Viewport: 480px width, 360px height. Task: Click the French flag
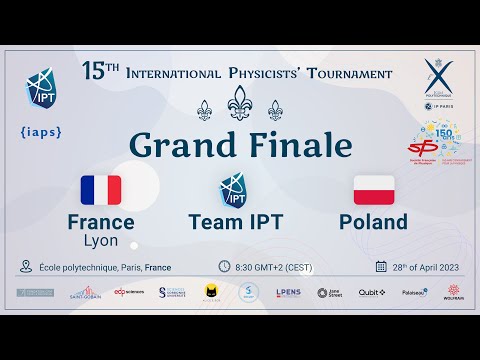click(101, 190)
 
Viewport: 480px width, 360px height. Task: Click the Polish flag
click(374, 190)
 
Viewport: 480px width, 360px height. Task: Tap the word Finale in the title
click(299, 145)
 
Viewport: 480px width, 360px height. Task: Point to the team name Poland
click(373, 222)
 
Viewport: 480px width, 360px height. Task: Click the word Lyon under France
click(100, 241)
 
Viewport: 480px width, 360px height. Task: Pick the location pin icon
click(25, 267)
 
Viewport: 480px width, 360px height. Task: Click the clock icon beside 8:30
click(224, 267)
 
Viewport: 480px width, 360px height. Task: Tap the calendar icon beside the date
click(381, 267)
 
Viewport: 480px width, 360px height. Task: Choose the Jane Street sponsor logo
click(329, 293)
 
